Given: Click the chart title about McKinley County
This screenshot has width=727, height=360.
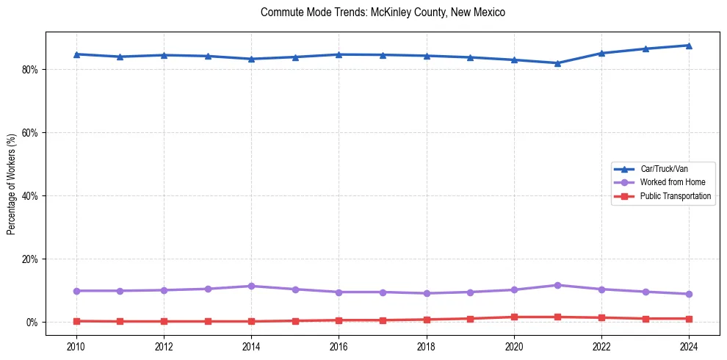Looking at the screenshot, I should click(383, 12).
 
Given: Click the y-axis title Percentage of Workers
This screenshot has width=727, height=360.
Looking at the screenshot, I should click(12, 184).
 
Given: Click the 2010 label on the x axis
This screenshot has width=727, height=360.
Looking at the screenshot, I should click(76, 345).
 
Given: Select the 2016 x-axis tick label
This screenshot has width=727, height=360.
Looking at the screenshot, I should click(339, 345).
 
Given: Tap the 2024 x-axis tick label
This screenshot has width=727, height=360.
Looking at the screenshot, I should click(689, 345).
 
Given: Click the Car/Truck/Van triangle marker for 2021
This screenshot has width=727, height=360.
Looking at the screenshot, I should click(558, 63).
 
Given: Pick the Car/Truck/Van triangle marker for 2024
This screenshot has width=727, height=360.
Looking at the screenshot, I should click(689, 46).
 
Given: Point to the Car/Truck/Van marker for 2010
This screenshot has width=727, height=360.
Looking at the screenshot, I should click(76, 54).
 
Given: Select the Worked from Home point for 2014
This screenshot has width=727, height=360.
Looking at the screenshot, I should click(251, 286).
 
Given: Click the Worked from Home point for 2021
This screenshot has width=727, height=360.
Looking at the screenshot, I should click(558, 285).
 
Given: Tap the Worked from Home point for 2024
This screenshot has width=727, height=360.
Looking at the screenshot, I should click(689, 294).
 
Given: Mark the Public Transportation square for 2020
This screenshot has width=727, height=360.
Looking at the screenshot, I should click(514, 317).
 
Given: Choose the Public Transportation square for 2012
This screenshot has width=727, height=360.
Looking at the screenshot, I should click(164, 321).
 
